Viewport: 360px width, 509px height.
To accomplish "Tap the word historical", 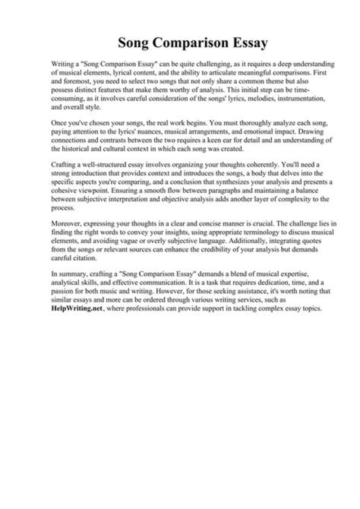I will pyautogui.click(x=82, y=148).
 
